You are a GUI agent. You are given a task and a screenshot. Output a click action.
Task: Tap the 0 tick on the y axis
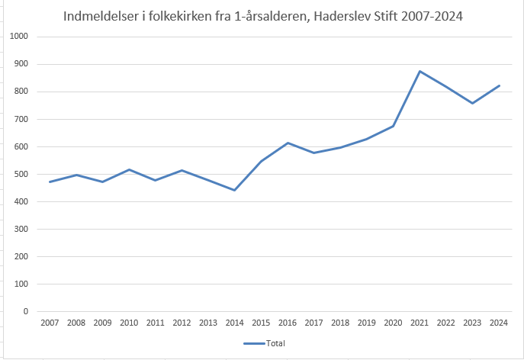tap(26, 311)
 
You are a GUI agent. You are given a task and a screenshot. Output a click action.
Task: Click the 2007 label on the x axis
tap(50, 323)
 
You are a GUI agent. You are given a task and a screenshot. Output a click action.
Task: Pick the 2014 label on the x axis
tap(234, 323)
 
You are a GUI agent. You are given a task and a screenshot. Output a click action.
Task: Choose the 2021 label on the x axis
tap(420, 323)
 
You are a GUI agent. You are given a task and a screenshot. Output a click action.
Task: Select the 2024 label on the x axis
tap(499, 323)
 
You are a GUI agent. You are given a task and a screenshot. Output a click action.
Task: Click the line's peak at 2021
tap(420, 71)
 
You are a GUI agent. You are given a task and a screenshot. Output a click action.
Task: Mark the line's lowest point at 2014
tap(234, 190)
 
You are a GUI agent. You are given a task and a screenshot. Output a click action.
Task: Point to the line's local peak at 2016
tap(288, 143)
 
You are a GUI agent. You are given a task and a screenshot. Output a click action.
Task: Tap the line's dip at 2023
tap(472, 103)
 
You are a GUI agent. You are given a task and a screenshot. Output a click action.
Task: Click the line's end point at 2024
tap(499, 85)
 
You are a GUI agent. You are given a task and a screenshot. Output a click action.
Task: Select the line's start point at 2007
tap(50, 182)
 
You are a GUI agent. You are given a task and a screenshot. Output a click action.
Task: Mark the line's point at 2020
tap(393, 126)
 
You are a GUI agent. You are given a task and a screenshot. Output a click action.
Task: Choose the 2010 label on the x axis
tap(129, 323)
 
